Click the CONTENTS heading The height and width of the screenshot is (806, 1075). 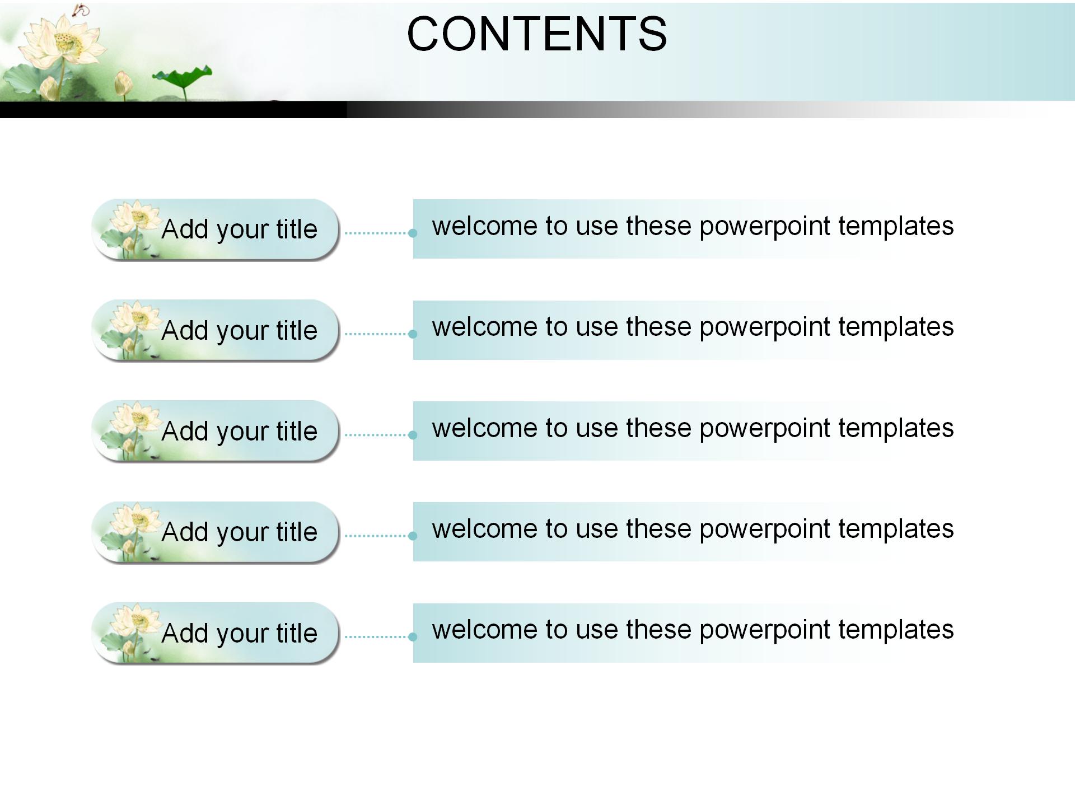point(537,34)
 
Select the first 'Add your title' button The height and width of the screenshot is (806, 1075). point(216,229)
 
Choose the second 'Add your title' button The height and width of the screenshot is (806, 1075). point(216,330)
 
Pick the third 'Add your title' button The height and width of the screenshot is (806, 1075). point(216,431)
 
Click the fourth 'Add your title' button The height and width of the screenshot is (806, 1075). point(216,532)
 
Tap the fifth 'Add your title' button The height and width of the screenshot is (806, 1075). point(216,633)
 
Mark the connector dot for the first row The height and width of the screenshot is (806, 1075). point(413,233)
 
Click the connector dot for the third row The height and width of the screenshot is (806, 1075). point(413,435)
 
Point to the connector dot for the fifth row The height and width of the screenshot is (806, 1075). point(413,636)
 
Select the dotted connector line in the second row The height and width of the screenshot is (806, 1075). point(376,334)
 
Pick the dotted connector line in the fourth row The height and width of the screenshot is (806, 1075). point(376,536)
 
